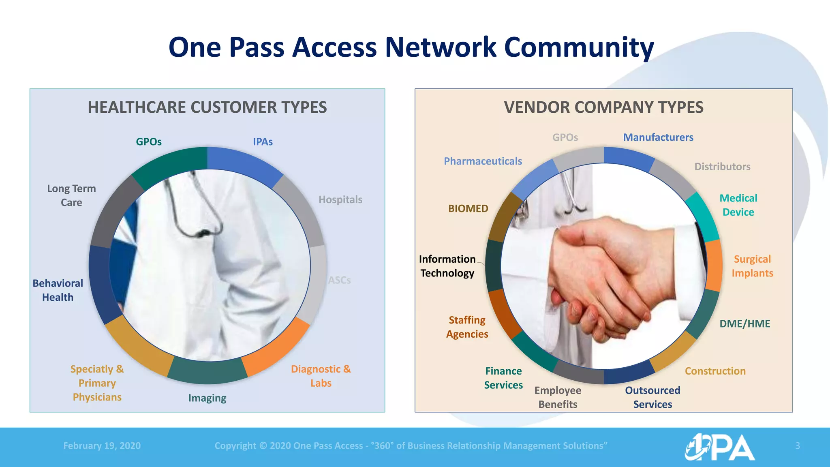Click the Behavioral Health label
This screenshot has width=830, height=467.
pos(58,290)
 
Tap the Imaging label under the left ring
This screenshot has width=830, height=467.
pos(207,398)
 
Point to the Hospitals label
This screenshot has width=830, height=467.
pos(340,199)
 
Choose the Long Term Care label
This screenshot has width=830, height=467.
pos(71,195)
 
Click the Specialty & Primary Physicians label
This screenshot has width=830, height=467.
pos(97,383)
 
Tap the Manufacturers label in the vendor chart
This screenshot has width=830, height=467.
pos(658,137)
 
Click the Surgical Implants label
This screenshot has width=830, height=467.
pos(752,266)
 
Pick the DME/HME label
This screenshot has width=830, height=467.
pos(744,323)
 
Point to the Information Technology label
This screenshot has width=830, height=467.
pos(447,266)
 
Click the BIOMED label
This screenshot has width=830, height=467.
pos(468,208)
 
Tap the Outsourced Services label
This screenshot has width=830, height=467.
pos(652,397)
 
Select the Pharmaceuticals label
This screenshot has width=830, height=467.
pos(483,161)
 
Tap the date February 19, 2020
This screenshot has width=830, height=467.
pos(102,446)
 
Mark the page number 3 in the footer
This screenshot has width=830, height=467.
pos(797,446)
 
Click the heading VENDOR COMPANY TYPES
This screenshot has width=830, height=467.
pos(603,107)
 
